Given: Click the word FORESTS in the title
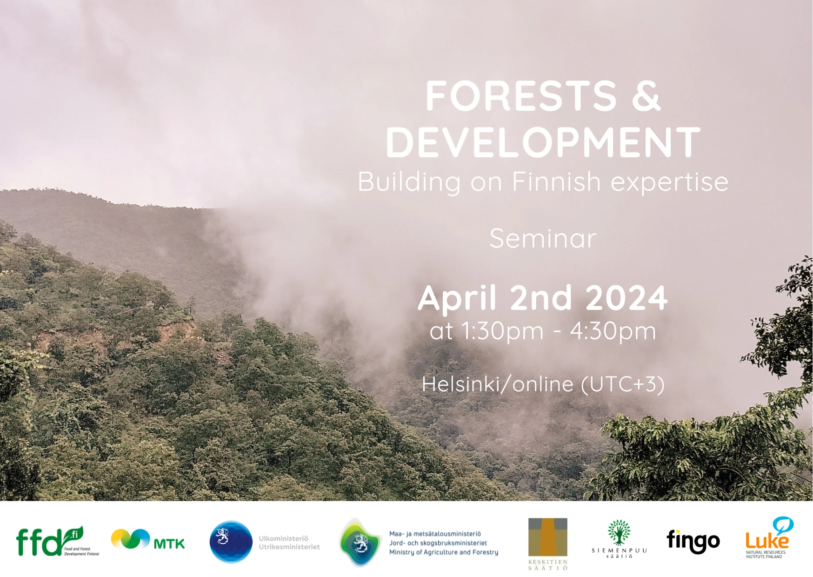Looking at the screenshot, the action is point(521,96).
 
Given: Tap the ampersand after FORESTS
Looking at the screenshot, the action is point(646,96).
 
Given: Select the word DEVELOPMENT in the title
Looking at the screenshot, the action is point(543,142).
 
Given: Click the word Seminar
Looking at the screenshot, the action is point(543,238).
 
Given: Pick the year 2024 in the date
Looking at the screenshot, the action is point(626,298).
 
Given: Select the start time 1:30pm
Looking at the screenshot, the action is point(502,331).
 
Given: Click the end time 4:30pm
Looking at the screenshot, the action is point(613,331).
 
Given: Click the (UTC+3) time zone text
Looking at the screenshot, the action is point(623,384).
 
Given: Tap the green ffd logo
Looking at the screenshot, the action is point(50,541).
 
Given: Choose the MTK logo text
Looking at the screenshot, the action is point(169,543).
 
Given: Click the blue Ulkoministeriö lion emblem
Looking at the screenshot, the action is point(231,542).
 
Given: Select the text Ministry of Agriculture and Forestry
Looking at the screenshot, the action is point(444,552).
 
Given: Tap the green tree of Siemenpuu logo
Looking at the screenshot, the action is point(619,532).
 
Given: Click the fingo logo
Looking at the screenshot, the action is point(693,541).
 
